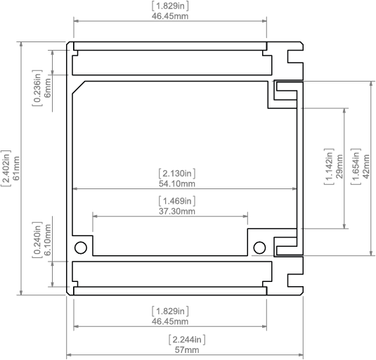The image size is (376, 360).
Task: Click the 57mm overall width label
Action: [187, 350]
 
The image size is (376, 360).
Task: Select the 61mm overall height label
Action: [16, 168]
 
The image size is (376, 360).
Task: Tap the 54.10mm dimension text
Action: [177, 184]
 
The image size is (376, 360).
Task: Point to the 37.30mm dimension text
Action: [177, 212]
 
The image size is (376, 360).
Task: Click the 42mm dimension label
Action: [366, 167]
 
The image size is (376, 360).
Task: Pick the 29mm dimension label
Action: [339, 167]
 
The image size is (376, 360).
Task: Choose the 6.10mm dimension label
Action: [48, 240]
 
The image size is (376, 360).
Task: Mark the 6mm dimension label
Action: [48, 88]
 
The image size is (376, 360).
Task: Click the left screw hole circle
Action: [81, 247]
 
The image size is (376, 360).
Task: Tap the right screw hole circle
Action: [259, 247]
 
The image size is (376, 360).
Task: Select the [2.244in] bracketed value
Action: [187, 340]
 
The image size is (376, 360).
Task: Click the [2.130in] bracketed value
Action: [177, 174]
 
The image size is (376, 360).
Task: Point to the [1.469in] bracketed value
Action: [177, 201]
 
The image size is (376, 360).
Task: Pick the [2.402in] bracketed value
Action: [6, 168]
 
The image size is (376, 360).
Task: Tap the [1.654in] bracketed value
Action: [356, 167]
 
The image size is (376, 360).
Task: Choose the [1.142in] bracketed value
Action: [329, 167]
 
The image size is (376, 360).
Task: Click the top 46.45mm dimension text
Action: [170, 16]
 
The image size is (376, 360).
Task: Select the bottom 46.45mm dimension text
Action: [170, 321]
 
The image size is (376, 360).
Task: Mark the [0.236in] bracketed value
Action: [37, 88]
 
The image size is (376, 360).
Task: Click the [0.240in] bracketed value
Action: [37, 240]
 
